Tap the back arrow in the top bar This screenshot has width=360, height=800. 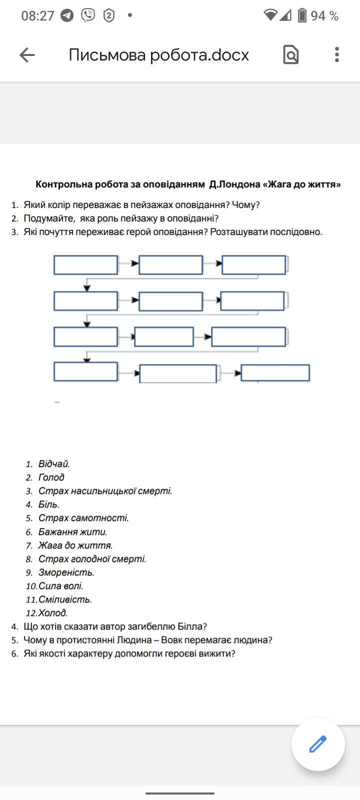tap(27, 55)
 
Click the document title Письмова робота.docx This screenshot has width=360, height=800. tap(158, 55)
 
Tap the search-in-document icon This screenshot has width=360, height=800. tap(290, 54)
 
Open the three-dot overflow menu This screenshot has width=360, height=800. tap(337, 54)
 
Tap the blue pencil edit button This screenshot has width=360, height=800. tap(318, 744)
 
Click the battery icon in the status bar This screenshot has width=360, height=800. tap(302, 15)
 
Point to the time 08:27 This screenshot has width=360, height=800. tap(37, 16)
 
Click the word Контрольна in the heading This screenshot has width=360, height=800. tap(63, 184)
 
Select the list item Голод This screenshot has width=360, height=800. tap(51, 477)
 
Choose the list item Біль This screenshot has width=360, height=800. tap(49, 504)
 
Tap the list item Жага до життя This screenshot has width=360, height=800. tap(75, 545)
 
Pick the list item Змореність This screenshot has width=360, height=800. tap(66, 572)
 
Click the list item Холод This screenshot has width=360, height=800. tap(53, 613)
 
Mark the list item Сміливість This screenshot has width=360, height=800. tap(65, 599)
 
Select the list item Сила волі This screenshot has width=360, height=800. tap(61, 586)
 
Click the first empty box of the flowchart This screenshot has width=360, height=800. tap(85, 265)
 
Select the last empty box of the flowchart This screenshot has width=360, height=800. tap(275, 373)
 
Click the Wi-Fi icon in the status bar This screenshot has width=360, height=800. tap(270, 15)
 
